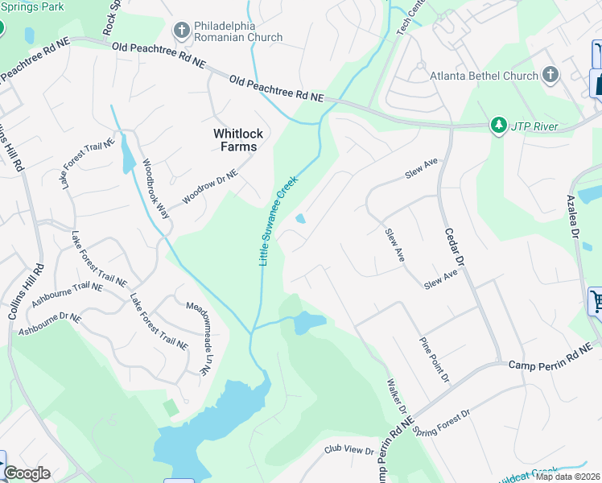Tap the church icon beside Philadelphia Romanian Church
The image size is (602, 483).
point(180,31)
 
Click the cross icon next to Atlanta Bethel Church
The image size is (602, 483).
point(550,76)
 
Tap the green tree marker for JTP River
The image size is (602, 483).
point(499,126)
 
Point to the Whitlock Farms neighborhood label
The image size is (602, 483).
point(235,139)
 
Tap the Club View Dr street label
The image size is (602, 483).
point(350,449)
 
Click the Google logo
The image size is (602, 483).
point(27,473)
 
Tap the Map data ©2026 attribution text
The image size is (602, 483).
point(568,477)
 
